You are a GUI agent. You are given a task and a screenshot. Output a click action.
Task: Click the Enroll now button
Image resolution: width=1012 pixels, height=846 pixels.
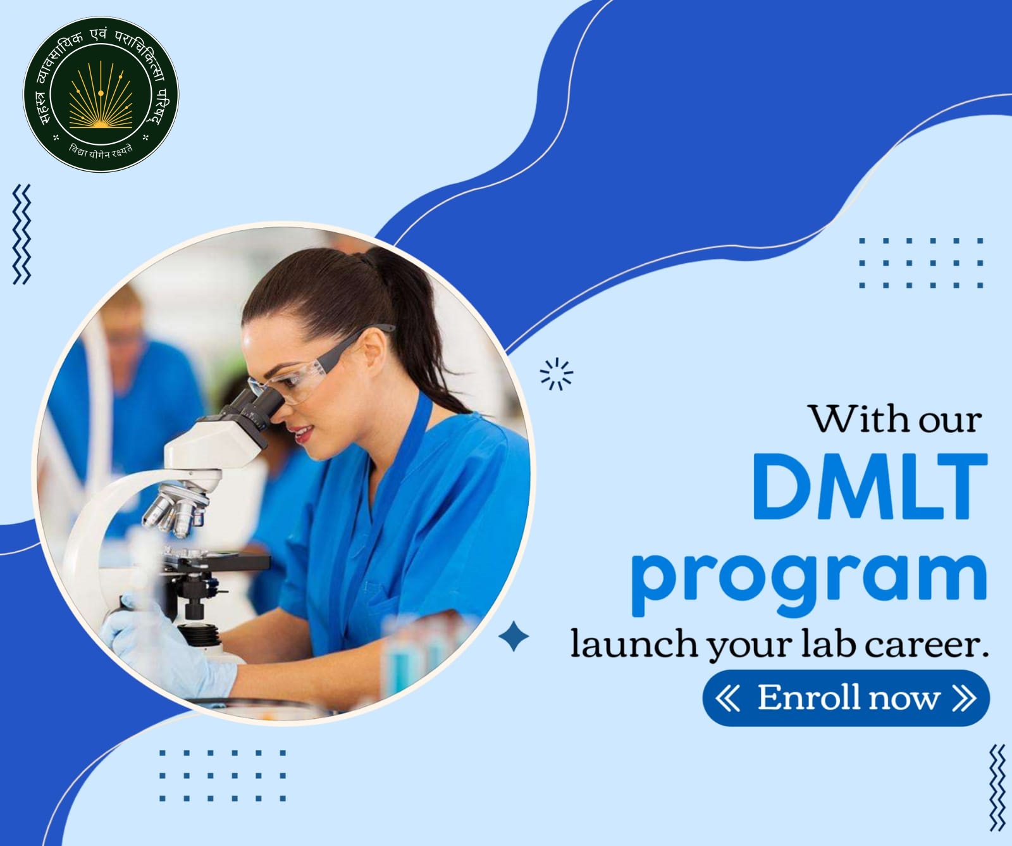[846, 698]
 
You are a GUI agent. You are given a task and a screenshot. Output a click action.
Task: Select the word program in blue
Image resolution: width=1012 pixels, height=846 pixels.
[809, 577]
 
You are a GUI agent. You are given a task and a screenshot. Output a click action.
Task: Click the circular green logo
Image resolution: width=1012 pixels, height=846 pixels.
[101, 99]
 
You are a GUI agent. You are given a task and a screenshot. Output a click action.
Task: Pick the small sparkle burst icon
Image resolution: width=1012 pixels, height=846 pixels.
[557, 374]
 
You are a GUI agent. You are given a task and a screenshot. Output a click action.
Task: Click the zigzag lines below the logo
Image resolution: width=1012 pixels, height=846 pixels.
[22, 234]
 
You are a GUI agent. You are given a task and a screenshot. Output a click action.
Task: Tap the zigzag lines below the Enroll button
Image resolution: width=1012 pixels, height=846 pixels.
[997, 788]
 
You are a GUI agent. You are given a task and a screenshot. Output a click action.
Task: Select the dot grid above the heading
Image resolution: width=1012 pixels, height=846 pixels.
[921, 263]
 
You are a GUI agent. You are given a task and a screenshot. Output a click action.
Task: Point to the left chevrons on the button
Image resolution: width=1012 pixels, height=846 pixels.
[729, 698]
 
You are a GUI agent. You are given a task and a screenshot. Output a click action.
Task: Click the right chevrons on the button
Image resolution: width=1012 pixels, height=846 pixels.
[962, 698]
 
